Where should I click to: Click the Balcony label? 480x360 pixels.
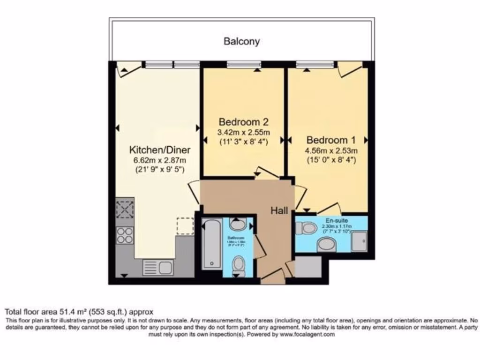241,41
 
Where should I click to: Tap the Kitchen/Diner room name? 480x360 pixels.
159,150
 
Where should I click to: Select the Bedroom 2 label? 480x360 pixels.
243,122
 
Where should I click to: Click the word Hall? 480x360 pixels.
279,211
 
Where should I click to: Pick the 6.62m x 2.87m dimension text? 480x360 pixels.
159,160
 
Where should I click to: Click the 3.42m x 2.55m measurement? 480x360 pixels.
243,132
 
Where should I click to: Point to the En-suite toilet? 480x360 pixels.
307,228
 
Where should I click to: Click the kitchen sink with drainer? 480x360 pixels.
159,268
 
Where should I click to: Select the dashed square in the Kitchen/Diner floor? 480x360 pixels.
185,225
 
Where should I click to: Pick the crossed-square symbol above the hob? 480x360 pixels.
125,209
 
